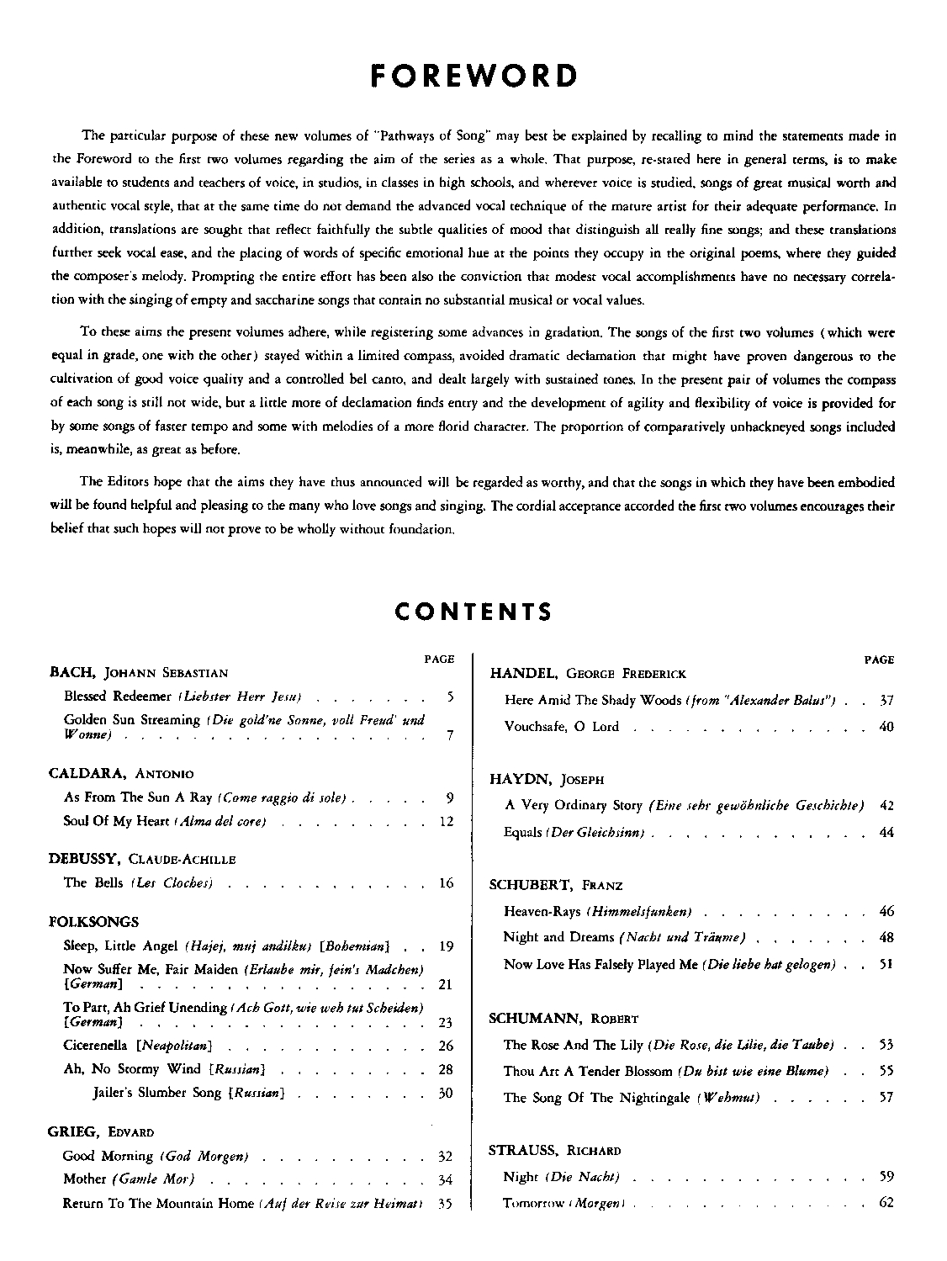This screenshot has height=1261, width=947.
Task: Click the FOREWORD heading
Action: click(x=473, y=77)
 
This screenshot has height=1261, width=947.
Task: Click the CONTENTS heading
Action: click(x=473, y=612)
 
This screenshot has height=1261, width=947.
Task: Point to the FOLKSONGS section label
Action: click(x=93, y=922)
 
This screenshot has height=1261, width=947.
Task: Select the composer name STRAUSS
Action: click(x=525, y=1150)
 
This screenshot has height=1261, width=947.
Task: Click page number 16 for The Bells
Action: click(x=447, y=883)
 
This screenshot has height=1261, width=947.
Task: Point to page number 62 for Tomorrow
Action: click(x=886, y=1202)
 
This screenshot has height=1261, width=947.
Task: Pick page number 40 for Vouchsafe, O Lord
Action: click(x=886, y=727)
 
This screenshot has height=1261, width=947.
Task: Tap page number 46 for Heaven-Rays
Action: click(x=886, y=911)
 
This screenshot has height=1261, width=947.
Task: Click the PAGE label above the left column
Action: click(x=439, y=660)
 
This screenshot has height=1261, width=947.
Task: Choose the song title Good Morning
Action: click(x=108, y=1156)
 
